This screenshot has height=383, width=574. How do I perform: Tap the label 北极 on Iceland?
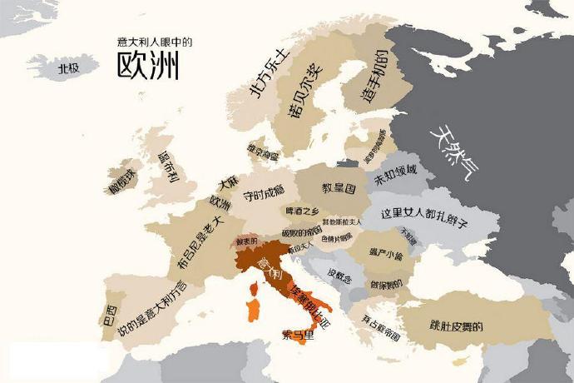click(68, 68)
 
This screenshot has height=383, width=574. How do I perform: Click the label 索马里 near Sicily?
click(298, 336)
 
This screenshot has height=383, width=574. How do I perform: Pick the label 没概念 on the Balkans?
click(342, 276)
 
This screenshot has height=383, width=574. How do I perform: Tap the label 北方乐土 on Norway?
click(264, 73)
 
